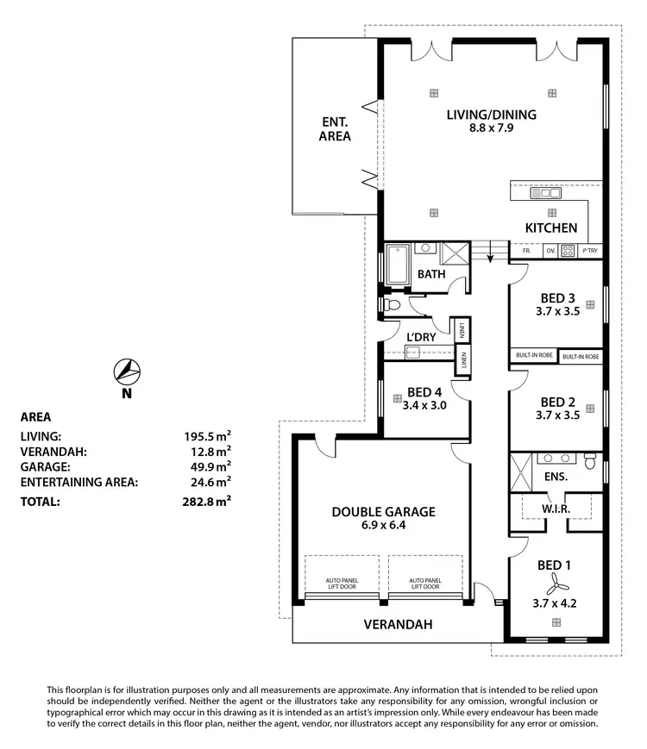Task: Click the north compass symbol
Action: [127, 371]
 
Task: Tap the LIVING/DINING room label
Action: [491, 115]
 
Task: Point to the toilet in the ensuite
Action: [590, 460]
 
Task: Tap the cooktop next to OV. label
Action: [568, 251]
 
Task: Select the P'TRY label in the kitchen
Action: [590, 251]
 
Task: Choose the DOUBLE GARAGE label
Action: [383, 511]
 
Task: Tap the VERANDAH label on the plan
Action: [397, 624]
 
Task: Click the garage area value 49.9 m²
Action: [210, 466]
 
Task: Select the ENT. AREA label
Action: [334, 128]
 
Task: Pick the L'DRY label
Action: [422, 337]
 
